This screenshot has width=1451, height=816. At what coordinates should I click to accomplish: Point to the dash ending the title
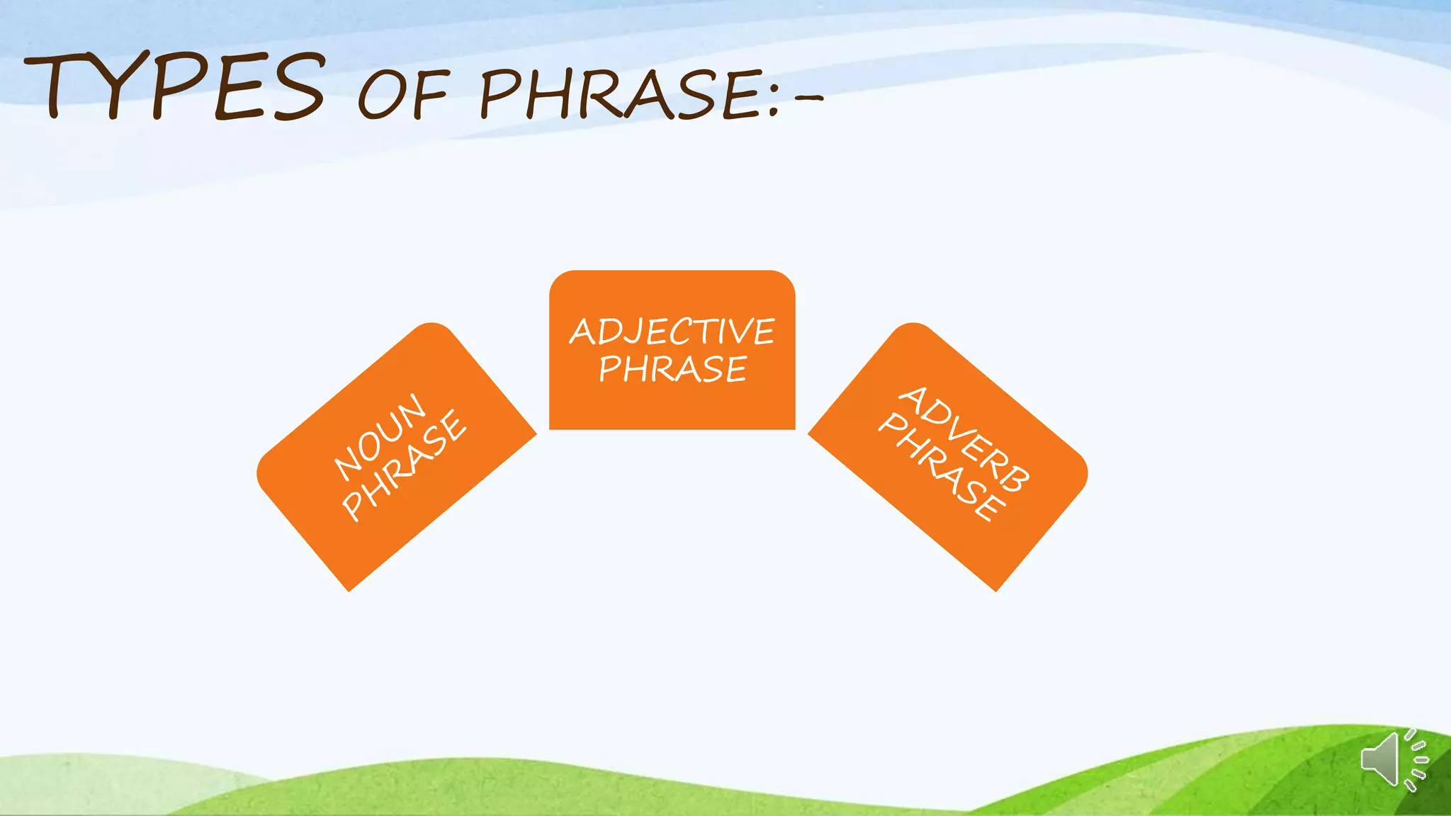(808, 98)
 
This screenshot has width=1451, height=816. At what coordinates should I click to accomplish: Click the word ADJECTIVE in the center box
(672, 331)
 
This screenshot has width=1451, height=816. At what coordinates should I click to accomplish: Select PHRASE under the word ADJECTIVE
(672, 369)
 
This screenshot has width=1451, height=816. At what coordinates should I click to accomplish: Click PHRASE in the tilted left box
(405, 465)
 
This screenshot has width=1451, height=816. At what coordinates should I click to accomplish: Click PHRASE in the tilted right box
(942, 467)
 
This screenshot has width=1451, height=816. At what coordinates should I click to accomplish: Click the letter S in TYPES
(298, 88)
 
